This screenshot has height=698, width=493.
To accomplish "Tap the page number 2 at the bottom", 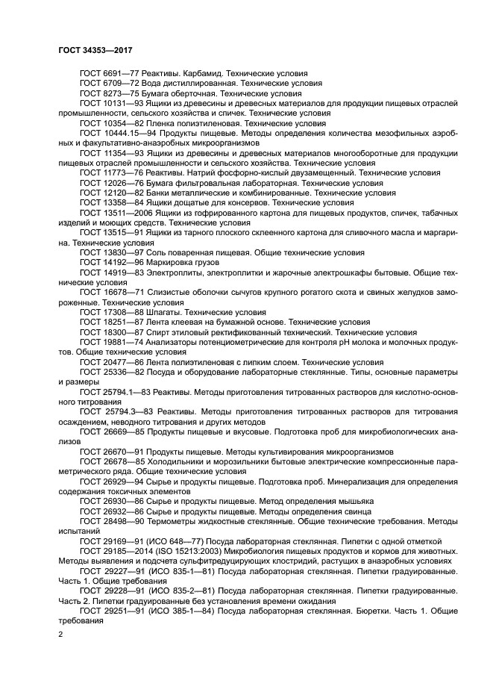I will [x=61, y=635].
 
